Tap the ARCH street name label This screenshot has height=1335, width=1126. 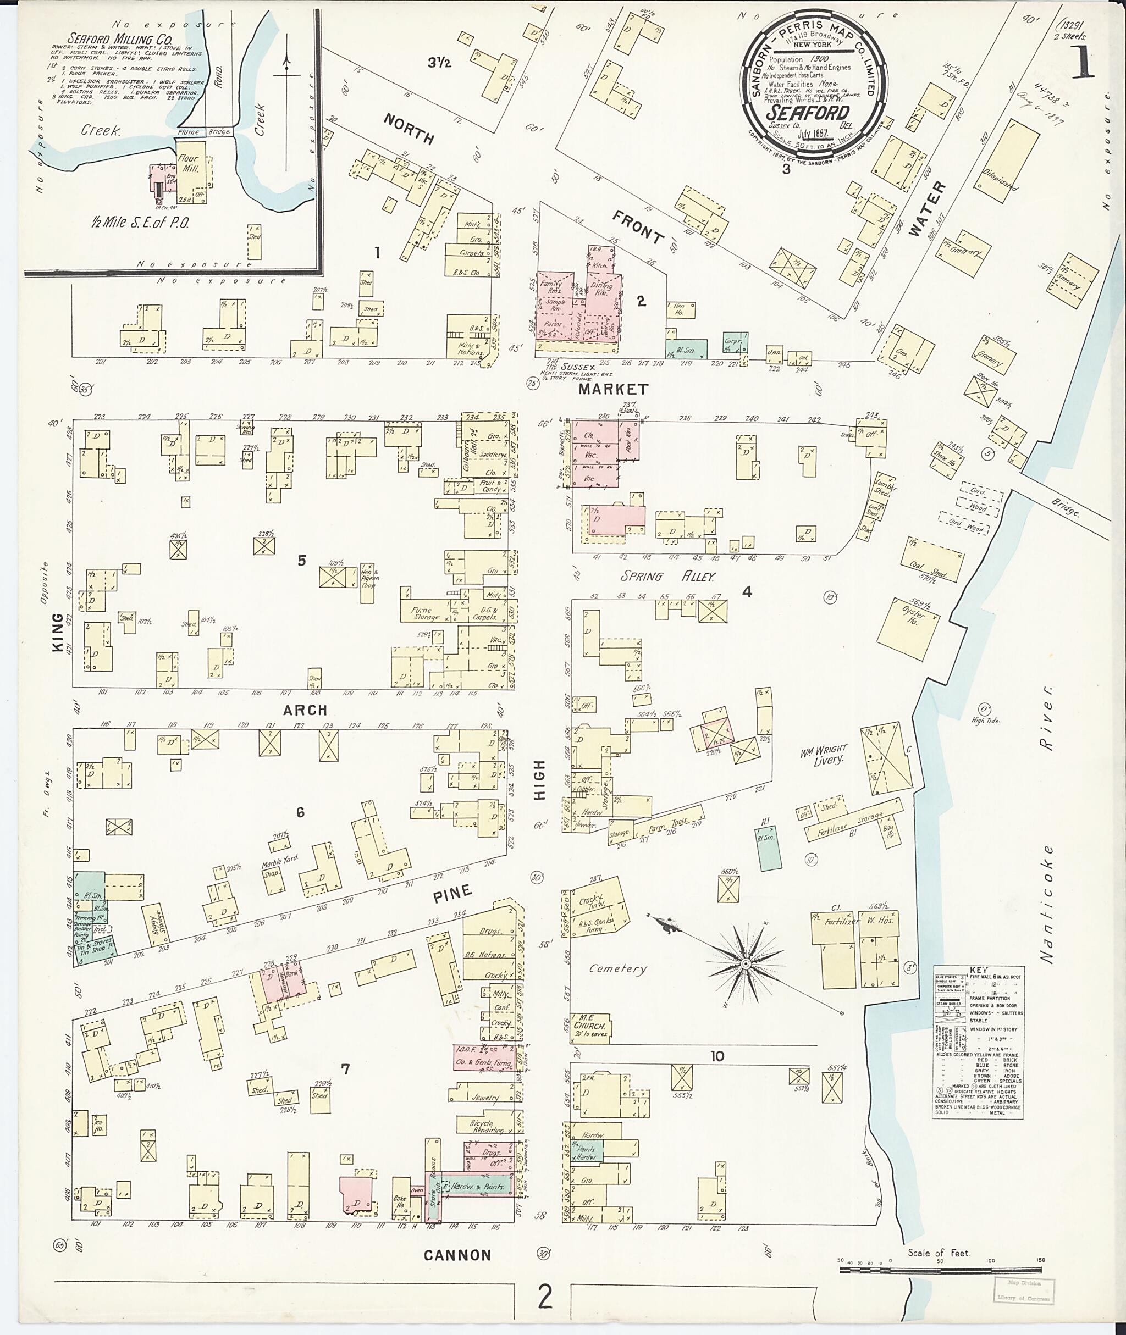point(305,710)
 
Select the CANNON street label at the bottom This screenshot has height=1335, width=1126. point(457,1255)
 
